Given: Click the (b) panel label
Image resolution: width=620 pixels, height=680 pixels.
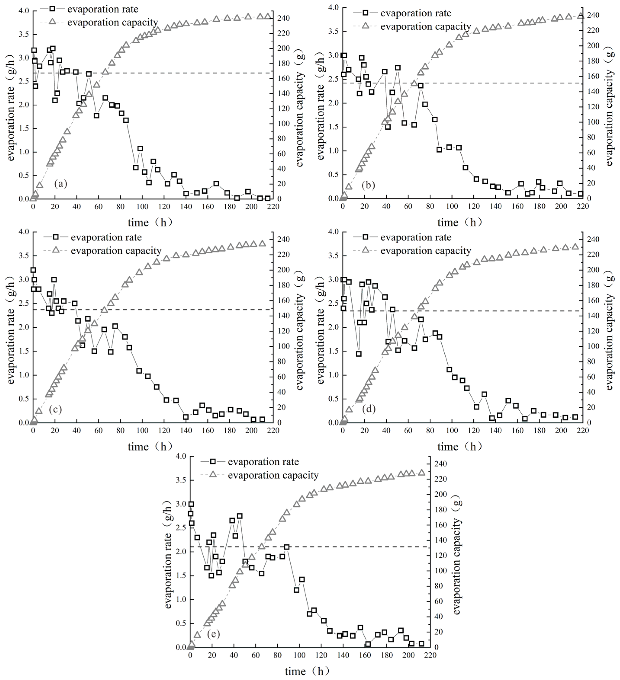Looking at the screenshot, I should click(x=368, y=185).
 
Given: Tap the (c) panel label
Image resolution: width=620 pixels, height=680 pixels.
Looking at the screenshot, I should click(x=55, y=409).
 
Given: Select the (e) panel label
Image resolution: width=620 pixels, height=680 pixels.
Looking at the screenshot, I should click(x=213, y=634).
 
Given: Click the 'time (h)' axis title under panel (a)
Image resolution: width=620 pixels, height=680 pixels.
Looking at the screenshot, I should click(x=150, y=223).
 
